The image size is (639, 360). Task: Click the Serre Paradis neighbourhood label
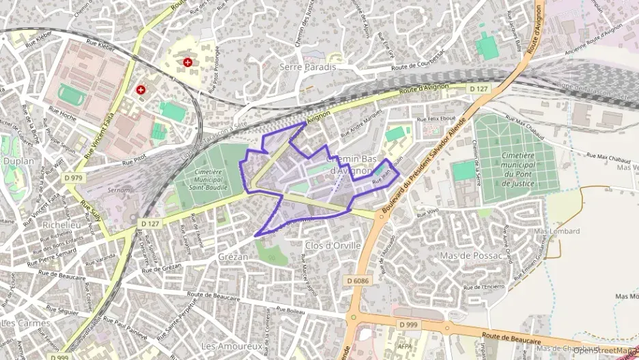pyautogui.click(x=308, y=67)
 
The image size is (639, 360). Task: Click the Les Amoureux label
pyautogui.click(x=232, y=346)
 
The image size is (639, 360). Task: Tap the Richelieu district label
pyautogui.click(x=61, y=223)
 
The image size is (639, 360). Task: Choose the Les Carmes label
pyautogui.click(x=26, y=322)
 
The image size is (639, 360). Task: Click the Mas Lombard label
pyautogui.click(x=556, y=232)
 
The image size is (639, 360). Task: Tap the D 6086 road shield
pyautogui.click(x=357, y=280)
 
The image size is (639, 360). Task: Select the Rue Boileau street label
pyautogui.click(x=290, y=311)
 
